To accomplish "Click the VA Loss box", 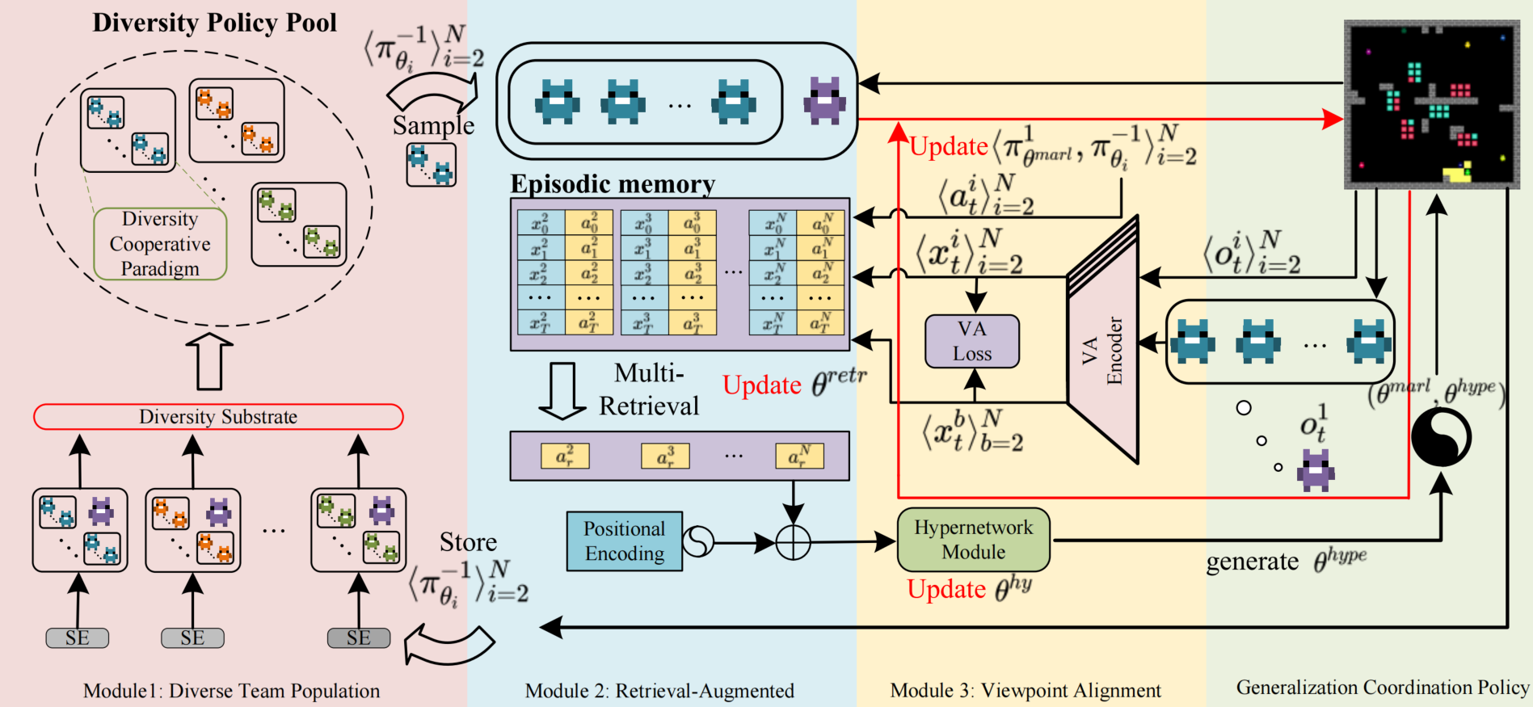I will click(x=971, y=341).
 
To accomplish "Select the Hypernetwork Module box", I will click(x=973, y=540).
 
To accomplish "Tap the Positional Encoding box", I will click(x=624, y=541).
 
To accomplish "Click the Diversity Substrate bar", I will click(x=218, y=417).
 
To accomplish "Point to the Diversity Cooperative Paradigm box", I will click(x=160, y=244).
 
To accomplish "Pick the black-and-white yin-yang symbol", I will click(x=1441, y=437).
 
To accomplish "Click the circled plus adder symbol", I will click(x=793, y=542).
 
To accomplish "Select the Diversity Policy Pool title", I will click(x=214, y=23).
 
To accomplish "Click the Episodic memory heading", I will click(x=613, y=184).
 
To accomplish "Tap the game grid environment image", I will click(x=1431, y=105).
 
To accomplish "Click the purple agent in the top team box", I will click(x=824, y=101).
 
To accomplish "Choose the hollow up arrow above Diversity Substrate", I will click(x=209, y=361).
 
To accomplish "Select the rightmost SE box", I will click(x=358, y=638).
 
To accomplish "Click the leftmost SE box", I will click(x=78, y=638).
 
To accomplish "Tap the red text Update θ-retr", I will click(x=794, y=385).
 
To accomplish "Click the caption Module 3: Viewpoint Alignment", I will click(x=1026, y=691).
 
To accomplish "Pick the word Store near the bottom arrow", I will click(x=468, y=542).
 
